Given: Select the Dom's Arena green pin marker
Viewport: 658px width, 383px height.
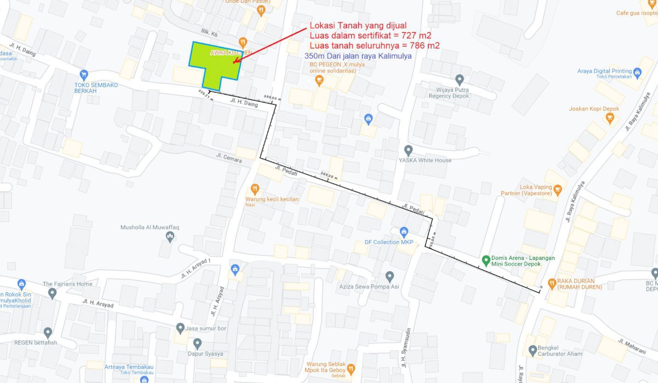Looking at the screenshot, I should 485,259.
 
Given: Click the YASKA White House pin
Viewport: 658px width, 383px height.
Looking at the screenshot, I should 408,149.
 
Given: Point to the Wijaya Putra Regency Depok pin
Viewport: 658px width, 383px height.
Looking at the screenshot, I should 459,80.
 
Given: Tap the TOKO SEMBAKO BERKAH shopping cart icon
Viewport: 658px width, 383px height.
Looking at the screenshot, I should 84,74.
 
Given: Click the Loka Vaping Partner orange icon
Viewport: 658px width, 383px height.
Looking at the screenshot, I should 558,190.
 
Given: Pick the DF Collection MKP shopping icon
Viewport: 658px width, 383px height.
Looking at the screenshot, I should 404,232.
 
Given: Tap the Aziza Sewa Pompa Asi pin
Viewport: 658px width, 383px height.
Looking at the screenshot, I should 390,276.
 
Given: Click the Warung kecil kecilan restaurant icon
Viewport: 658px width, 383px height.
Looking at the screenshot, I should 254,189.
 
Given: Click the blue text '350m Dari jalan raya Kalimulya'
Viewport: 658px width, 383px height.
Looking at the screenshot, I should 358,56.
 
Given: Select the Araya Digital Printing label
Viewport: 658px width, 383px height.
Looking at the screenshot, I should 604,71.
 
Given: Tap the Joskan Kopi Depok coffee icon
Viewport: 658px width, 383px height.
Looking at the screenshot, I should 609,117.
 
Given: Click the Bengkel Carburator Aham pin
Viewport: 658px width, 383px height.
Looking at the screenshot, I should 533,350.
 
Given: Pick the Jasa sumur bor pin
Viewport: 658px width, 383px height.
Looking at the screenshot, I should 180,328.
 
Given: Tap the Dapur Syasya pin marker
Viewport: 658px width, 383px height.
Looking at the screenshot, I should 198,343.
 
